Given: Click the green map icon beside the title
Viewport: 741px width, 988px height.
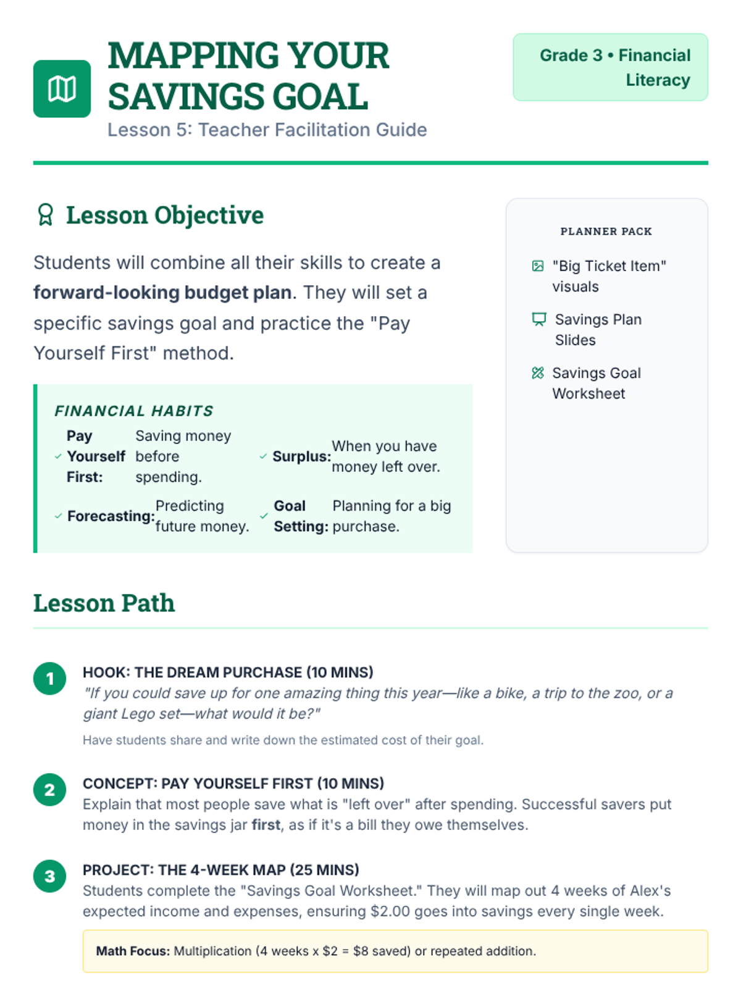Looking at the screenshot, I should coord(62,89).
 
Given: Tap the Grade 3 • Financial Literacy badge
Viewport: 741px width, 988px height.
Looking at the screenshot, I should coord(610,67).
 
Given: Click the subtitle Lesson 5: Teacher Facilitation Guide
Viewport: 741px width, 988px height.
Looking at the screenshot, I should coord(267,130).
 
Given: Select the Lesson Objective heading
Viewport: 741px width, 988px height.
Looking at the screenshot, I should coord(164,216).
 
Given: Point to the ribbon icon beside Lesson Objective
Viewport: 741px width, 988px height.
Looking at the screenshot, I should coord(46,215).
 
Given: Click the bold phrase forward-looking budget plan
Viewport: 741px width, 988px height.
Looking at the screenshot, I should coord(162,293).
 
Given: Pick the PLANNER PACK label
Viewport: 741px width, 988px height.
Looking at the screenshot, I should coord(606,232).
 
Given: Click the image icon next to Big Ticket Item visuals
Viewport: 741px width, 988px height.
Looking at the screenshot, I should coord(538,266).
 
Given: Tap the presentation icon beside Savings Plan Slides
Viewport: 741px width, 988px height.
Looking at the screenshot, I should coord(539,319).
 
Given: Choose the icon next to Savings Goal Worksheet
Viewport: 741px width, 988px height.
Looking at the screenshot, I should coord(538,373).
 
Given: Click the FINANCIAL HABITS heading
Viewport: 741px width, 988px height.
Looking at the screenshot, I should coord(134,411).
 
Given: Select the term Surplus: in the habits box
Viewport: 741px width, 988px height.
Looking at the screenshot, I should coord(301,457).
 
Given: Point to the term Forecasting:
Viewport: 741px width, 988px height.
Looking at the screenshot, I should coord(111,516).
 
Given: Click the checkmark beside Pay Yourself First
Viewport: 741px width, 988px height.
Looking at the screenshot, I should coord(58,457).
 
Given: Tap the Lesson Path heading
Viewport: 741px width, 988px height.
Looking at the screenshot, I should coord(104,603).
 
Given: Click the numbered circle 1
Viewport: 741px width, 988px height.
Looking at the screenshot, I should coord(50,679).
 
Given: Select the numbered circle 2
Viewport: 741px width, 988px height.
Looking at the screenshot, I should coord(50,790).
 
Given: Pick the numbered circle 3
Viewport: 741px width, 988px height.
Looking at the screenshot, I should coord(50,876).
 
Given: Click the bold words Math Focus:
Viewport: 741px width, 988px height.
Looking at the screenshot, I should coord(133,952).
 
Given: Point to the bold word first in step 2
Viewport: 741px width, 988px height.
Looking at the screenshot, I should coord(266,826).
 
